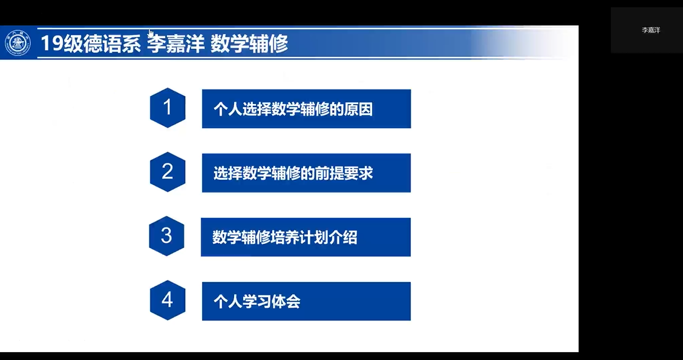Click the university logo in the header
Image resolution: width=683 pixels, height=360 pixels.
[x=18, y=43]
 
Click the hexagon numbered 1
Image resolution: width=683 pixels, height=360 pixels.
[x=167, y=108]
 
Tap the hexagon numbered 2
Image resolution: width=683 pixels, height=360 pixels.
[x=167, y=172]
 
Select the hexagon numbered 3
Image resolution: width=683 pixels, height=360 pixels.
[x=166, y=236]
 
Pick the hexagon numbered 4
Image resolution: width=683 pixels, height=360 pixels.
[x=167, y=300]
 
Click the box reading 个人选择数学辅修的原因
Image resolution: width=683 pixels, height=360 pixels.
[x=306, y=108]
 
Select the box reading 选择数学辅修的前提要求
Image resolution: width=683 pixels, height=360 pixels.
[x=306, y=172]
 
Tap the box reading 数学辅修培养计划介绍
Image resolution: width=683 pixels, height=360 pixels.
[x=306, y=237]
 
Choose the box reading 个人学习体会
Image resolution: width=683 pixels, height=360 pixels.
[x=306, y=301]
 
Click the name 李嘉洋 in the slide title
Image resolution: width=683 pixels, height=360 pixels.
[x=175, y=44]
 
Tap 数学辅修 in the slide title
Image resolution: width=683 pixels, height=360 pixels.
[x=249, y=44]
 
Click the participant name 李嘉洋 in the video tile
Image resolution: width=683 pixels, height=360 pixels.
[x=651, y=30]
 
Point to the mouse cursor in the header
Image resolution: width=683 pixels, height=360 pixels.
[x=151, y=33]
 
